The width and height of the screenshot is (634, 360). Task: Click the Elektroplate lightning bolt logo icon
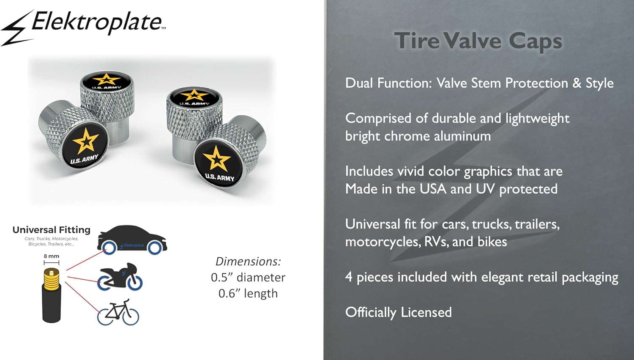17,28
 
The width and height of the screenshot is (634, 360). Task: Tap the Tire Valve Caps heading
478,41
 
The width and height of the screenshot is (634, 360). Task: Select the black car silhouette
132,240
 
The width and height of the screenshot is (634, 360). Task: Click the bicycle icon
118,312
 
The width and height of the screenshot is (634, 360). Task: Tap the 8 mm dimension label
52,256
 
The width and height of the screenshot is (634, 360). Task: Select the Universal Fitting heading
52,230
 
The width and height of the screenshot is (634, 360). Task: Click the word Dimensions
248,262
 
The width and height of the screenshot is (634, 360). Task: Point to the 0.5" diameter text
248,277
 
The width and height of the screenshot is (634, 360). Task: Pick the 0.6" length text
248,294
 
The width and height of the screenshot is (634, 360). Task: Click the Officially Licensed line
399,312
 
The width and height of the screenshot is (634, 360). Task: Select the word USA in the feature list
433,189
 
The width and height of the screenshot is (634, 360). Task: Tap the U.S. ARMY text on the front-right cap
220,177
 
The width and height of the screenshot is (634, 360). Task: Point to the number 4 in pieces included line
349,277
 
